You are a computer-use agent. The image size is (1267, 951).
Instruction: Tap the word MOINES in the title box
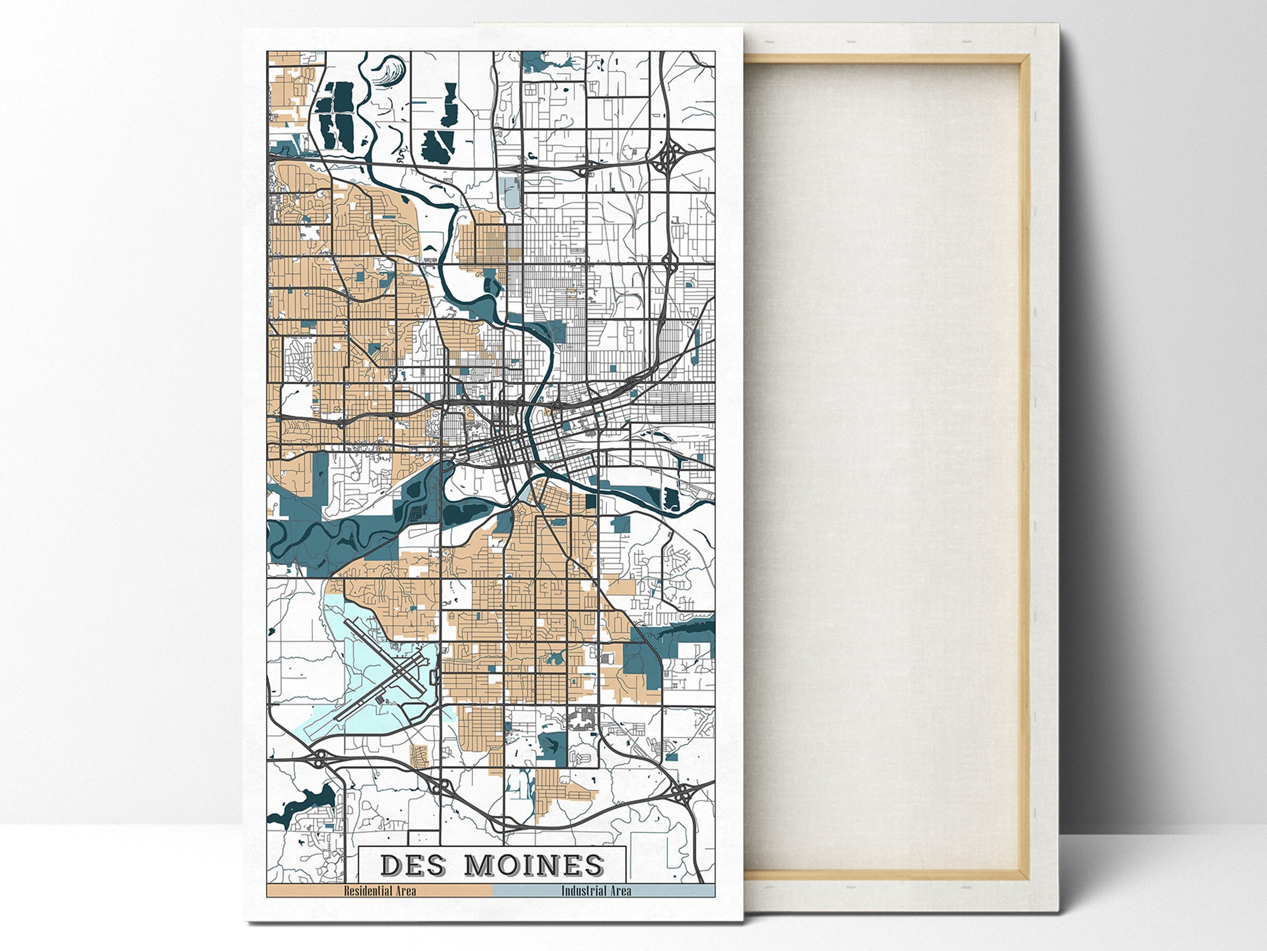coord(535,865)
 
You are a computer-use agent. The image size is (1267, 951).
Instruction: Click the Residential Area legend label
coord(379,891)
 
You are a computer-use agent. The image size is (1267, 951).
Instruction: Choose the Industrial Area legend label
coord(596,891)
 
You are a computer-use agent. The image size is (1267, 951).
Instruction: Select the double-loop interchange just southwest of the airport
coord(320,758)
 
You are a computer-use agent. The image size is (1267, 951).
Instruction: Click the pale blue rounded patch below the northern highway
coord(512,193)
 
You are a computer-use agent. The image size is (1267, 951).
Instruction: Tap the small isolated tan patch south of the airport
coord(419,755)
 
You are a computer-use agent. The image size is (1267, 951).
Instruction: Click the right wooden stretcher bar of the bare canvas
coord(1023,465)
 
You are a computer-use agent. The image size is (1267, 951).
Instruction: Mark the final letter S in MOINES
coord(594,865)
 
